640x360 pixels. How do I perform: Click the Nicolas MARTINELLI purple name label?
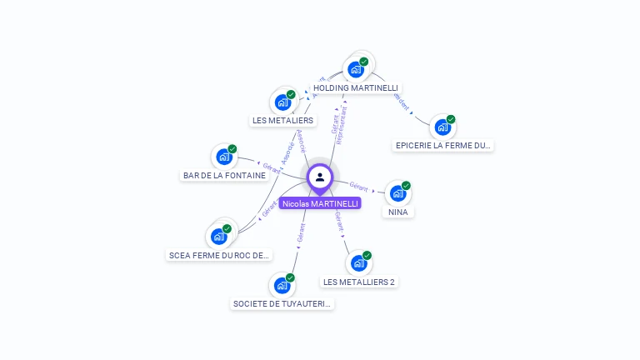[x=320, y=203]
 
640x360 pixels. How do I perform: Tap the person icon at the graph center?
[x=320, y=177]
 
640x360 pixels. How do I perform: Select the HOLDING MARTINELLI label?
[x=356, y=87]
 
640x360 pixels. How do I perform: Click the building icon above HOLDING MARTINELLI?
[x=357, y=69]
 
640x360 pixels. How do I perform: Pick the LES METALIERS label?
[x=282, y=120]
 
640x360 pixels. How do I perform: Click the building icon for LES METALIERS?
[x=282, y=102]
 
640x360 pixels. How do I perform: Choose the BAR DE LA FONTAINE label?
[x=224, y=175]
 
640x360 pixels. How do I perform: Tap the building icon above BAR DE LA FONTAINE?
[x=223, y=157]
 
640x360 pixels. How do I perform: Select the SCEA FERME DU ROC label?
[x=219, y=255]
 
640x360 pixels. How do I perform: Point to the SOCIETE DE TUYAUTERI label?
[x=282, y=303]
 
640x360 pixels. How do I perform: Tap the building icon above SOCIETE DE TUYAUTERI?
[x=282, y=286]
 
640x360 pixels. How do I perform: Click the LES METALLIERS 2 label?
[x=359, y=282]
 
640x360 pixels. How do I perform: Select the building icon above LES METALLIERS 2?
[x=359, y=263]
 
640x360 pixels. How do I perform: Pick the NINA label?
[x=398, y=212]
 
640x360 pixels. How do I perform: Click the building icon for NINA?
[x=398, y=193]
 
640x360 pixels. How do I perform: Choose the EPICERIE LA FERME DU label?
[x=443, y=145]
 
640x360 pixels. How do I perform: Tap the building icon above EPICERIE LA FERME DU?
[x=442, y=127]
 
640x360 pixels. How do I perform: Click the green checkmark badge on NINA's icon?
[x=406, y=185]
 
